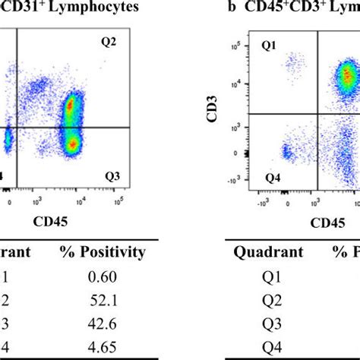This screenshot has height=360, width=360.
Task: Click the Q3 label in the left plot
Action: coord(112,176)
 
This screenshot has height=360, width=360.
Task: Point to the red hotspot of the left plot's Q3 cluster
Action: coord(71,142)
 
